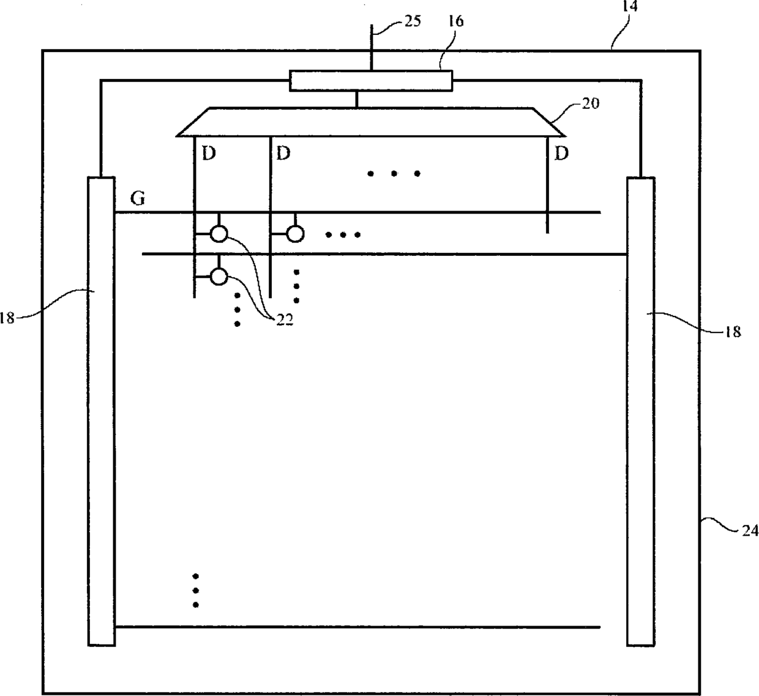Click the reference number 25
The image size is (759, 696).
(413, 21)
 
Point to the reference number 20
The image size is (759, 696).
(591, 103)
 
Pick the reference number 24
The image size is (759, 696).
(750, 530)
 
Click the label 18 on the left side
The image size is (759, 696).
(7, 318)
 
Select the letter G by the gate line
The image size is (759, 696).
(138, 199)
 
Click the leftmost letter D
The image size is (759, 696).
(209, 153)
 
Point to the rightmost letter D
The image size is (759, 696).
(561, 153)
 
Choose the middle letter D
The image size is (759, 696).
(283, 153)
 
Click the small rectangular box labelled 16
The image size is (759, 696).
(371, 81)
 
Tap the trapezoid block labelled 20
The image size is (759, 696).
(370, 122)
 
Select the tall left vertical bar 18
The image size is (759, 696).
(102, 411)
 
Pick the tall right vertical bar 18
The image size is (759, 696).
(640, 411)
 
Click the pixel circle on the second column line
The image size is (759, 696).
(296, 233)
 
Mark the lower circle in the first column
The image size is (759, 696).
(219, 277)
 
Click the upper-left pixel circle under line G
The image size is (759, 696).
(219, 233)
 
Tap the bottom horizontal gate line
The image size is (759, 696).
(357, 627)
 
